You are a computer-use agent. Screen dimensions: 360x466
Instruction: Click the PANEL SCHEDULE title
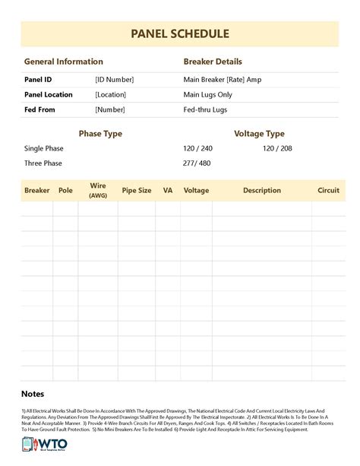click(179, 34)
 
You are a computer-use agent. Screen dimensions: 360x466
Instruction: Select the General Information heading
click(63, 62)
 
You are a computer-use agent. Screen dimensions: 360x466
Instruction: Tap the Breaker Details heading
click(213, 62)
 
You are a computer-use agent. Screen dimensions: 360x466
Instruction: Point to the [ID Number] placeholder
click(114, 79)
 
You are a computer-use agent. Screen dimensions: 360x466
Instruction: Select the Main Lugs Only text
click(208, 94)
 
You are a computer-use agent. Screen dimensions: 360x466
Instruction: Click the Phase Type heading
click(100, 134)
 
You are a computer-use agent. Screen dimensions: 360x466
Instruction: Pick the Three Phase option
click(43, 163)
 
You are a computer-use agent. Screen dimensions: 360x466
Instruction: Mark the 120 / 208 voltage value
click(277, 148)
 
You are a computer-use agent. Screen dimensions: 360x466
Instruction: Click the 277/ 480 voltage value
click(197, 163)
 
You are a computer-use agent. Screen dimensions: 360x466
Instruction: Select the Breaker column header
click(37, 191)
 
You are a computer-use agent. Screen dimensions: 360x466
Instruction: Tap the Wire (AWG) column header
click(98, 190)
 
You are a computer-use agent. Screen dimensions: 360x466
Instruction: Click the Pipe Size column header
click(136, 191)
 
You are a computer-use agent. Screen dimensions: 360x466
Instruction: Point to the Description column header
click(262, 191)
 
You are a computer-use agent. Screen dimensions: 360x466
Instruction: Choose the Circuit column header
click(328, 191)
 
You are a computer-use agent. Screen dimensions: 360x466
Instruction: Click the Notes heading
click(33, 394)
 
